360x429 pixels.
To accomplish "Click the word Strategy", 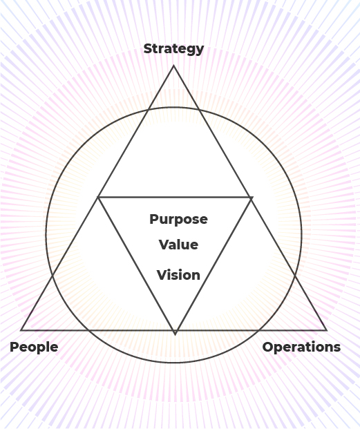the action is click(x=173, y=49).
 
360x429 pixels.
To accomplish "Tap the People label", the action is click(x=34, y=347).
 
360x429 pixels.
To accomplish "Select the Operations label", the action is click(x=301, y=347).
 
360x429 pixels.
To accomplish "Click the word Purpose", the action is click(x=179, y=220).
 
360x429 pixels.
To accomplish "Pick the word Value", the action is click(x=179, y=245).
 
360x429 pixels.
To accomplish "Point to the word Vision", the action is click(x=179, y=275).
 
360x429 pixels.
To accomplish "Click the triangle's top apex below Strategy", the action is click(x=173, y=66).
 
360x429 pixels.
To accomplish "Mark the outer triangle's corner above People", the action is click(x=21, y=330).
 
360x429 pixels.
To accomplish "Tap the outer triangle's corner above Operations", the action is click(x=327, y=330).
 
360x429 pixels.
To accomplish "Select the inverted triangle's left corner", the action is click(x=98, y=197).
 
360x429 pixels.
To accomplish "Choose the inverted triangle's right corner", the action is click(x=252, y=197).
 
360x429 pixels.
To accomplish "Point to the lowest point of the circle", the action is click(x=174, y=363).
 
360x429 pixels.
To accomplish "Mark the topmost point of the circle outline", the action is click(x=174, y=107).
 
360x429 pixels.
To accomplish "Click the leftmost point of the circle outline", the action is click(x=46, y=235).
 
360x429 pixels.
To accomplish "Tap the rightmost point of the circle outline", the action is click(x=301, y=235).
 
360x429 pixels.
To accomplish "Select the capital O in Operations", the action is click(x=268, y=347).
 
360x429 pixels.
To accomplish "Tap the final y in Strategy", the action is click(x=200, y=50).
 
